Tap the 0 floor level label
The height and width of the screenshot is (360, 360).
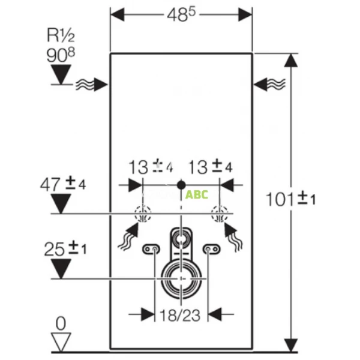point(61,324)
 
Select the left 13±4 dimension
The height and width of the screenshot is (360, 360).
point(146,167)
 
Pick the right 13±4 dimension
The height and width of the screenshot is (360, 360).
point(210,167)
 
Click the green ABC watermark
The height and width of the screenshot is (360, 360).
point(197,194)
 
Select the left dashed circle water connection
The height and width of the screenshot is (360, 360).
point(143,214)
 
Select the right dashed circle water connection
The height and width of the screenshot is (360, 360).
point(219,214)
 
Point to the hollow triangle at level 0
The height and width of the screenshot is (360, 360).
point(61,342)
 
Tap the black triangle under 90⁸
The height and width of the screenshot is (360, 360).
point(61,74)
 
